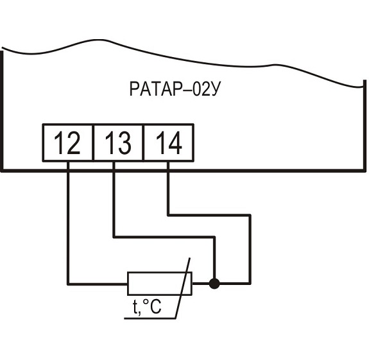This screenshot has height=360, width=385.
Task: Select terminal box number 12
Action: tap(67, 143)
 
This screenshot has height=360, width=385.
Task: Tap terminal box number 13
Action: tap(117, 143)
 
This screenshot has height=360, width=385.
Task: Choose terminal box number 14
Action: tap(167, 143)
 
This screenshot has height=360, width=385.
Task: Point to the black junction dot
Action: tap(214, 282)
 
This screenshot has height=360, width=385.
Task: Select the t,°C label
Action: tap(147, 308)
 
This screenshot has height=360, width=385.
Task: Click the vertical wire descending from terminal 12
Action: tap(67, 225)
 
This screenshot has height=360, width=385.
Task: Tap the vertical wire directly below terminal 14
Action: tap(167, 189)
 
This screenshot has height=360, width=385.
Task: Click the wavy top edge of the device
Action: tap(193, 54)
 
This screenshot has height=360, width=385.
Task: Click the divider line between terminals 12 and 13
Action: tap(92, 143)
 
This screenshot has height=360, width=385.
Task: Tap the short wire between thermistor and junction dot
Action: tap(201, 282)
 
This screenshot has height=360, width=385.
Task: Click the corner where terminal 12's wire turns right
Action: tap(67, 282)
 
